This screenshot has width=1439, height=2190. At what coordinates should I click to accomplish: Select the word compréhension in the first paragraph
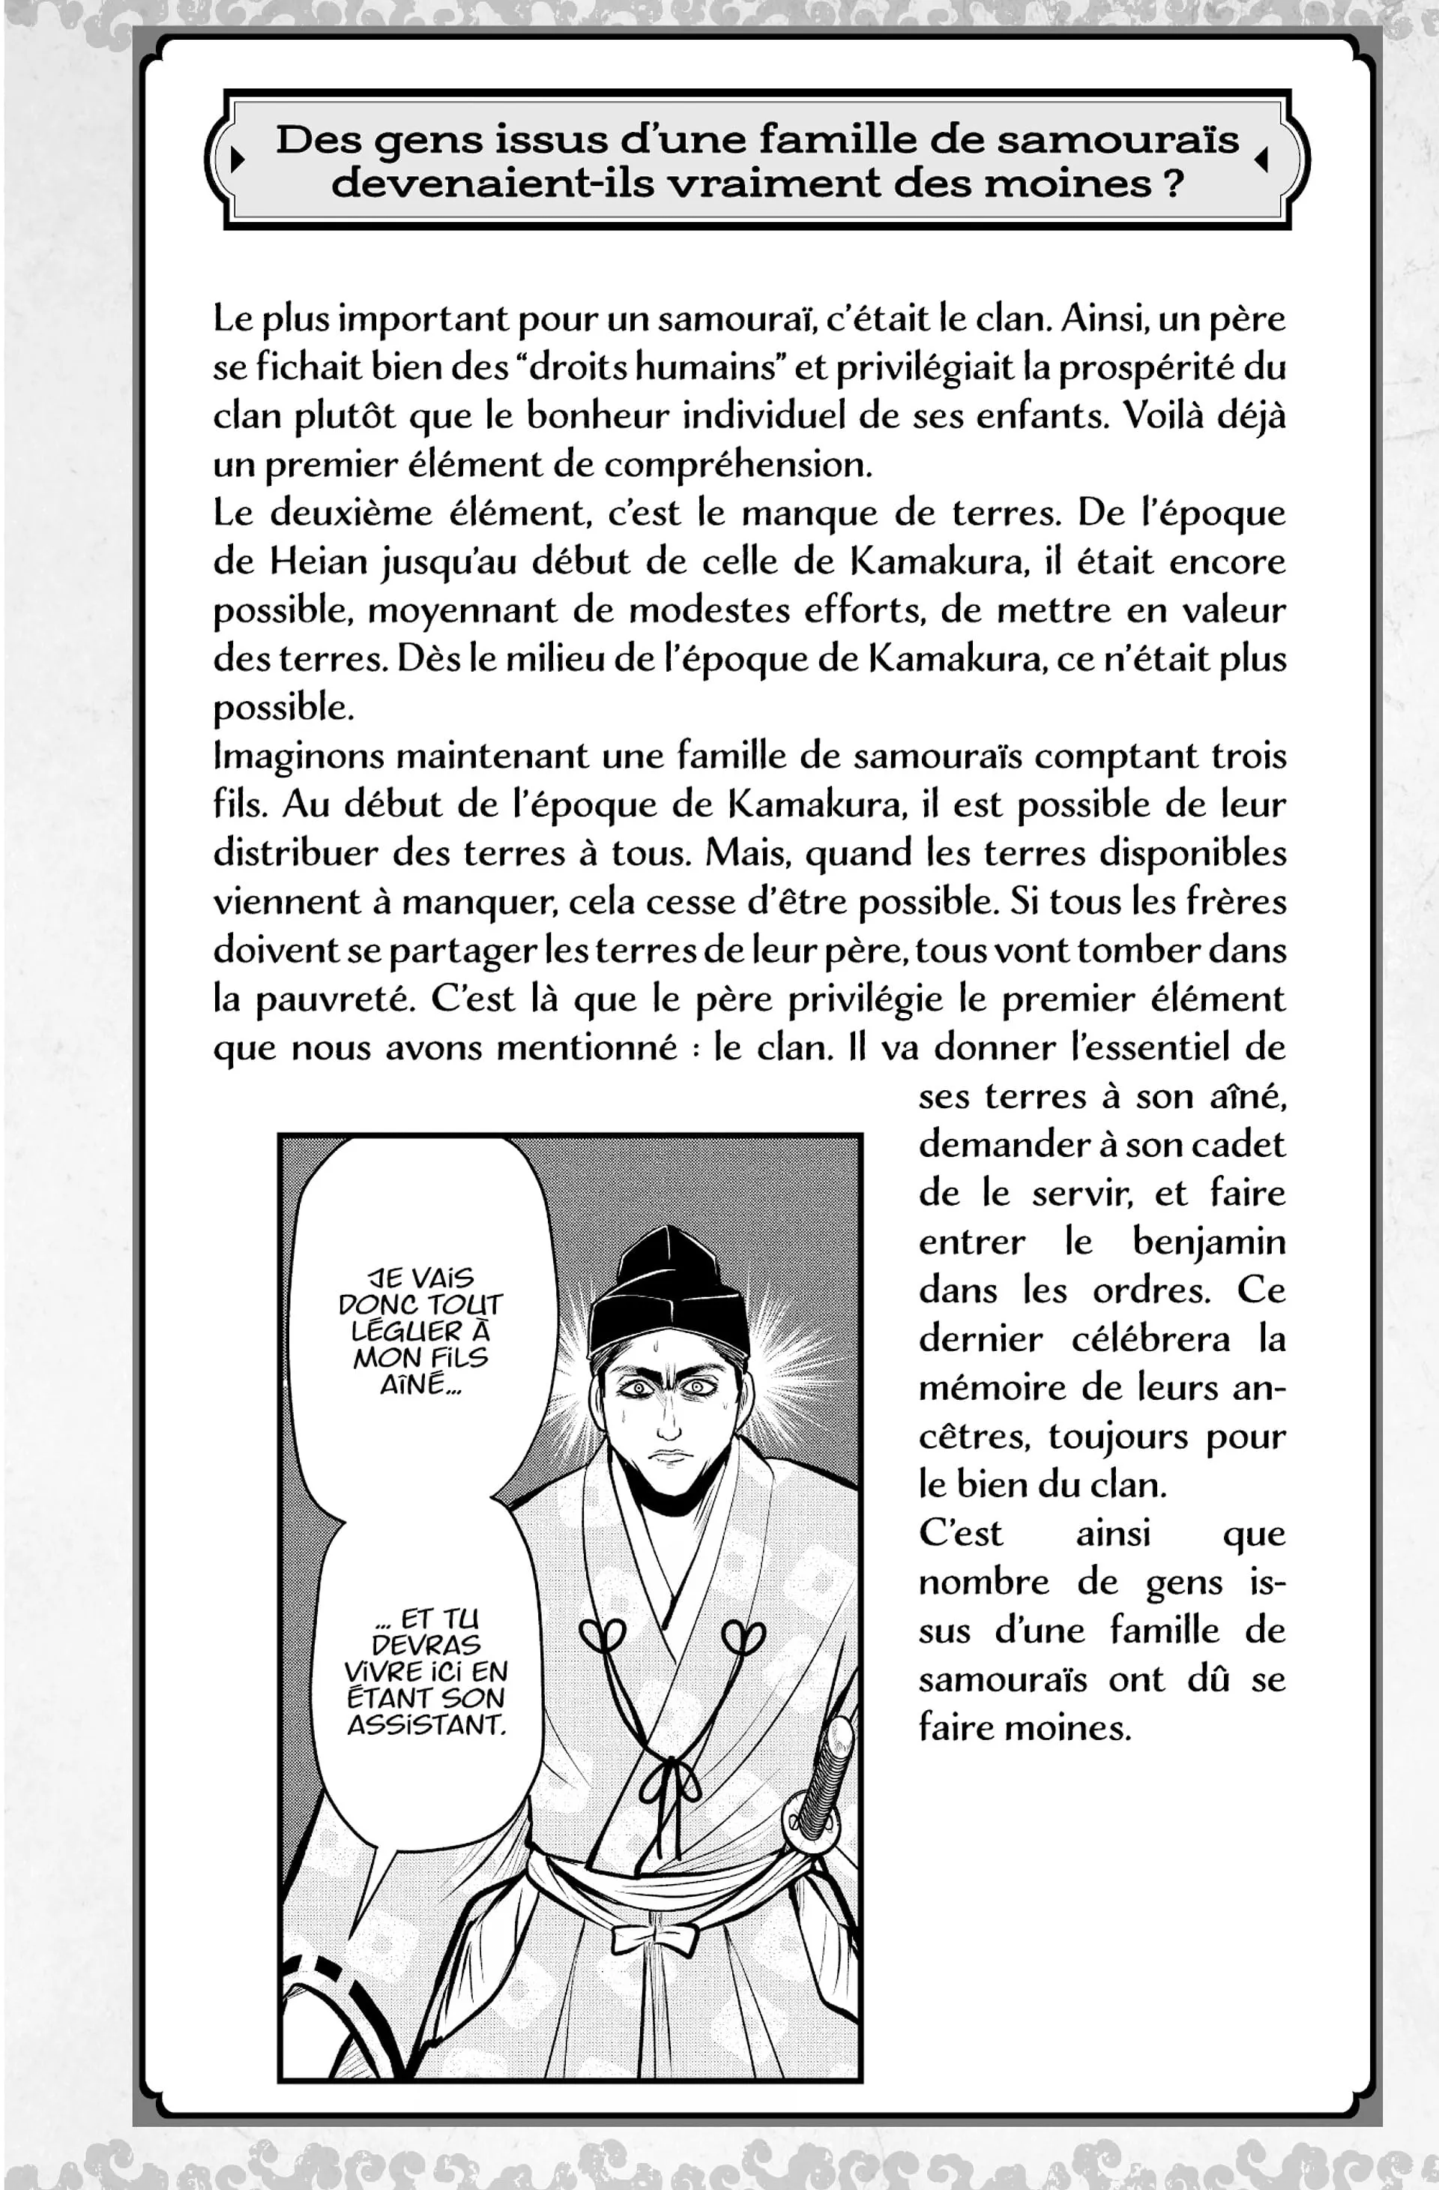[x=736, y=465]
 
